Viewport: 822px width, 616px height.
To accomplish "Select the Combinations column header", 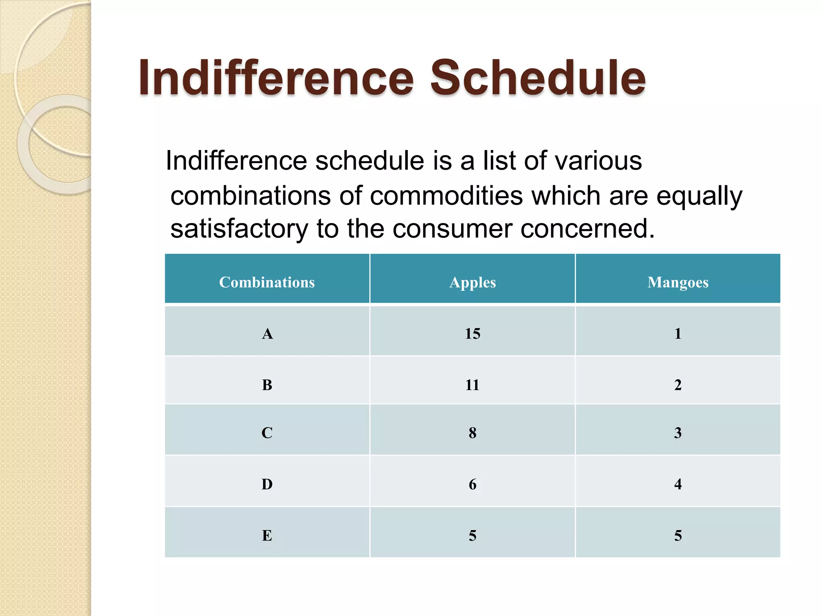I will point(267,282).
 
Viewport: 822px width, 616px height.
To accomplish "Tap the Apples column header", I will point(472,282).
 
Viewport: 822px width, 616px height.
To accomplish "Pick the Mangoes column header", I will point(678,282).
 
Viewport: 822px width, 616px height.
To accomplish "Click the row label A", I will point(267,334).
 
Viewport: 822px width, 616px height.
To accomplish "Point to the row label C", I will point(267,433).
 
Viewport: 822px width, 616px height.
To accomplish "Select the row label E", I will point(267,535).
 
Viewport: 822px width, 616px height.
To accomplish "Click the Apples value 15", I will point(472,334).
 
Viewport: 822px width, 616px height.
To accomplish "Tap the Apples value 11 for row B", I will point(472,385).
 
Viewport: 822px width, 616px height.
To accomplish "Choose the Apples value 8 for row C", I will point(472,433).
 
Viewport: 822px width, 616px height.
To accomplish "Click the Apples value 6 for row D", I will point(472,484).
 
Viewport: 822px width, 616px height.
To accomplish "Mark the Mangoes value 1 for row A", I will point(678,334).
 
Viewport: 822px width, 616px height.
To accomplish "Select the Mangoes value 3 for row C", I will point(678,433).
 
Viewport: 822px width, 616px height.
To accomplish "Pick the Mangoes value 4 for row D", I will point(678,484).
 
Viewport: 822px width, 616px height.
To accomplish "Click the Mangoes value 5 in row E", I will point(678,535).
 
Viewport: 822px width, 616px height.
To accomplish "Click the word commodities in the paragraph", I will point(446,196).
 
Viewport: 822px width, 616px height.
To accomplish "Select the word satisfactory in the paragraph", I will point(239,229).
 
